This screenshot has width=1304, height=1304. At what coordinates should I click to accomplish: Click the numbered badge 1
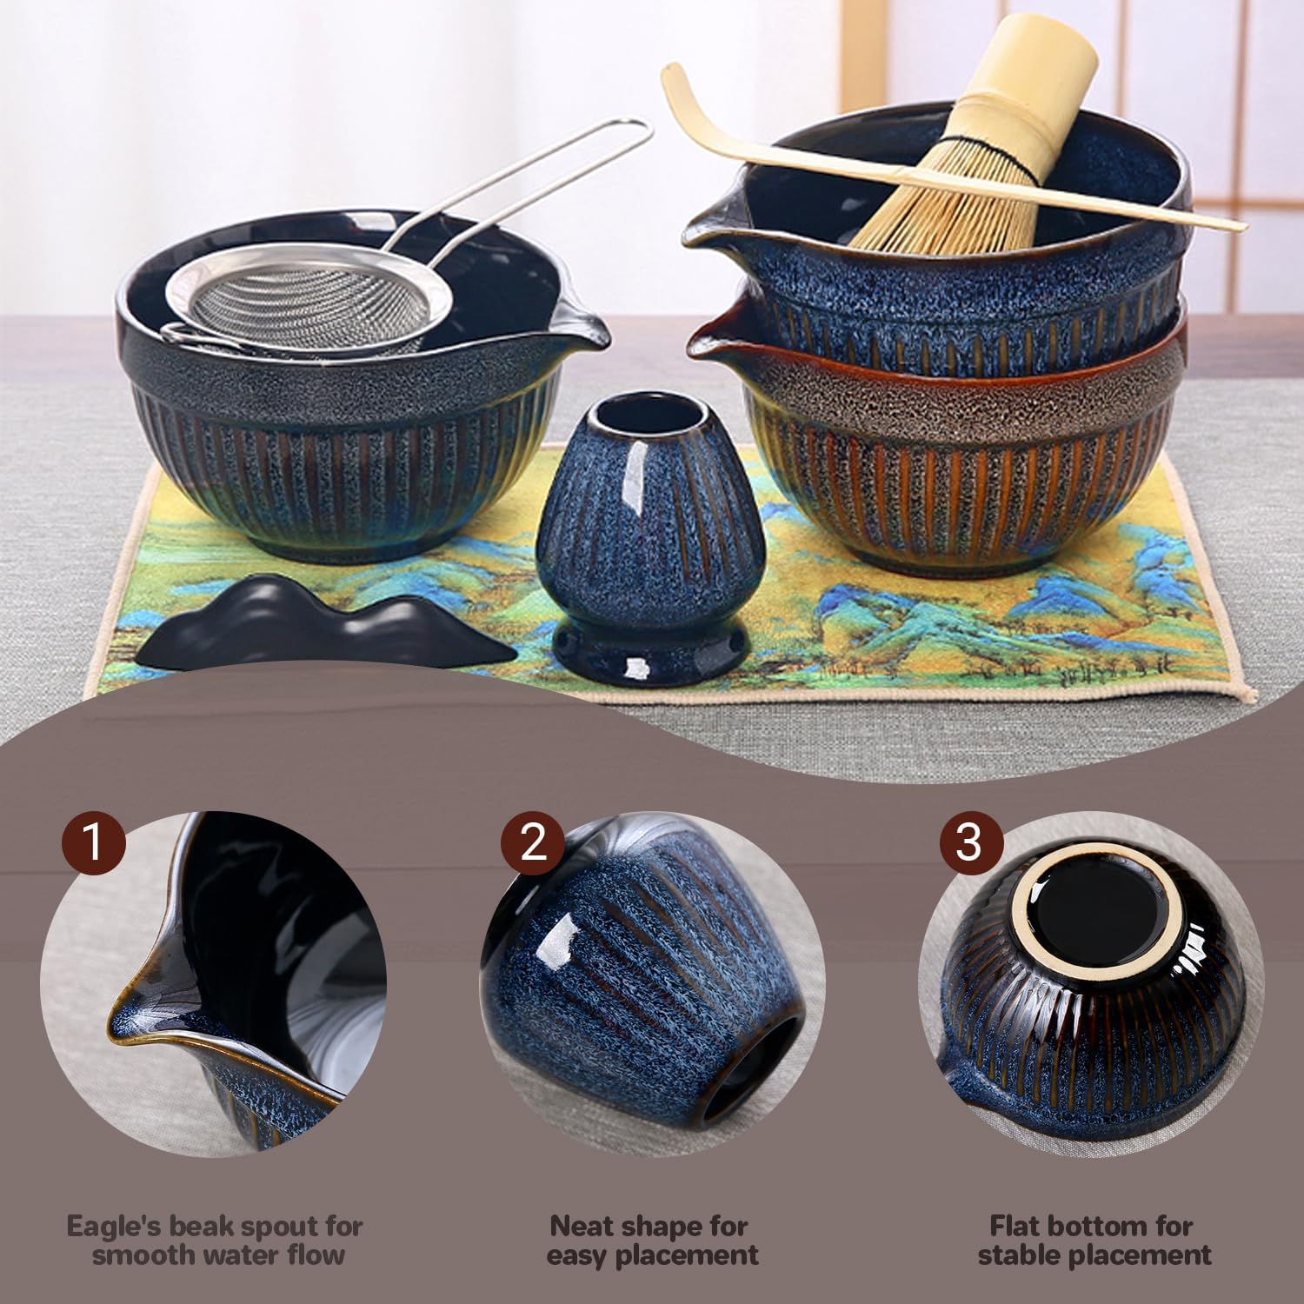click(x=94, y=843)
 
